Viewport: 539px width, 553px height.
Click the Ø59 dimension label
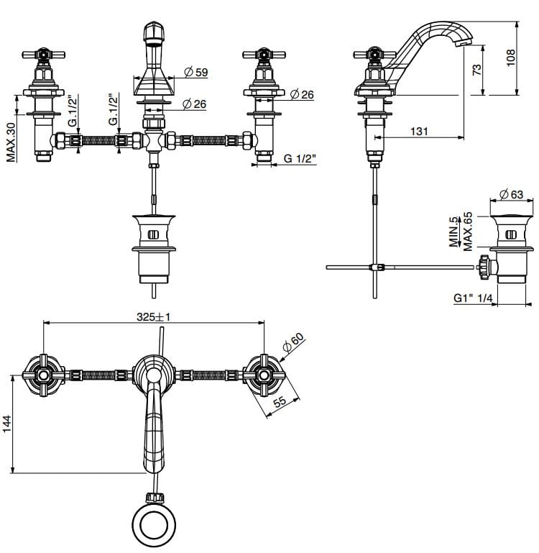click(196, 72)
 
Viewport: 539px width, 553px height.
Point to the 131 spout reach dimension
click(419, 130)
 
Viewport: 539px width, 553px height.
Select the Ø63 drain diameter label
click(511, 193)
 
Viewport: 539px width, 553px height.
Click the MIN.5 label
click(453, 232)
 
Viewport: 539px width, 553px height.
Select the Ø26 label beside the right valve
click(303, 95)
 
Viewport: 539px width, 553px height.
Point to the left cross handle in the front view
click(43, 55)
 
